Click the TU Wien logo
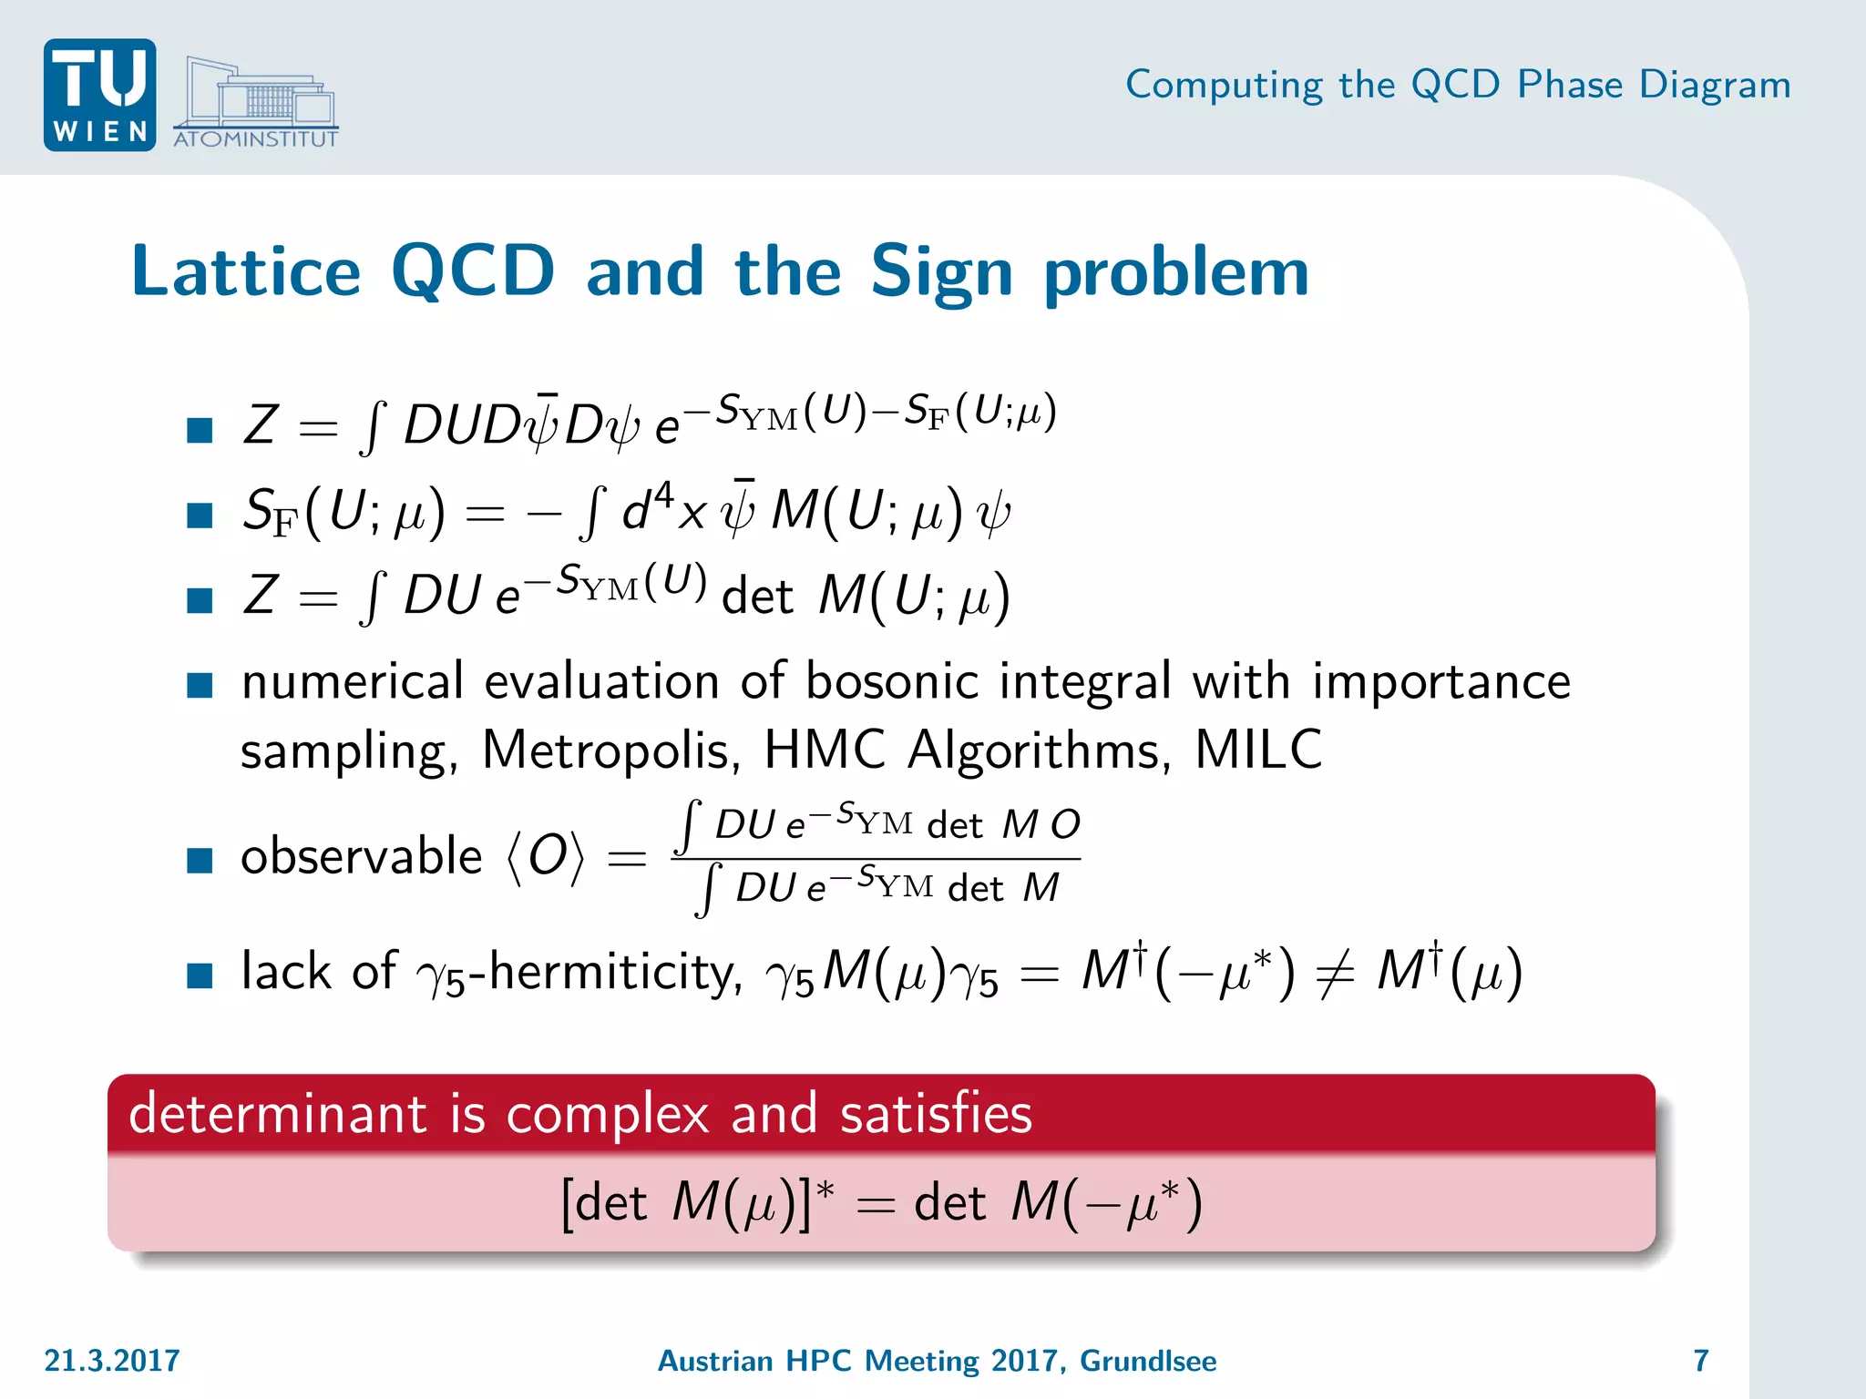tap(99, 95)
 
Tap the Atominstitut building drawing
tap(258, 98)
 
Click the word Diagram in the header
tap(1715, 85)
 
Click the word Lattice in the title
tap(246, 271)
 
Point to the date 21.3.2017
tap(112, 1361)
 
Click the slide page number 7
tap(1700, 1361)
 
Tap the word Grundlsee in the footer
tap(1148, 1361)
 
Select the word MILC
tap(1258, 751)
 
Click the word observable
tap(361, 857)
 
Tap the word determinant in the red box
tap(278, 1114)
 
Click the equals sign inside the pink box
tap(876, 1206)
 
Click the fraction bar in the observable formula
tap(876, 858)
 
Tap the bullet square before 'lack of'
tap(200, 975)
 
